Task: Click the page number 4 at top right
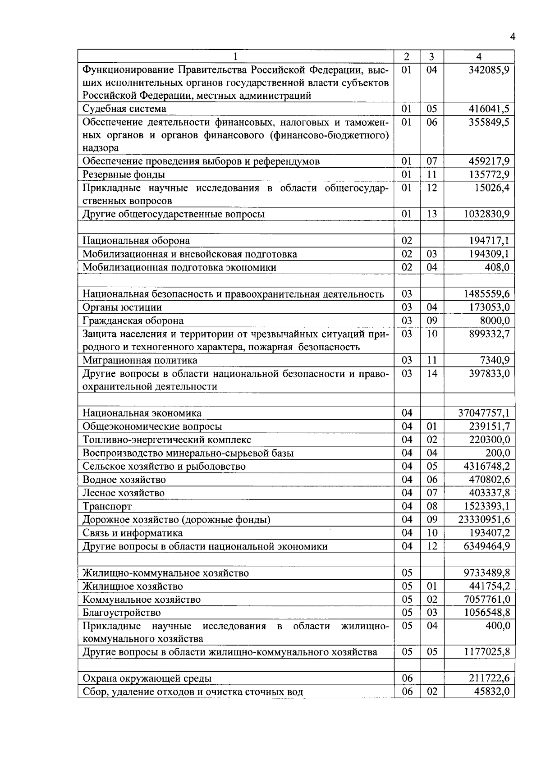point(512,37)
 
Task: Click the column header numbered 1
point(235,57)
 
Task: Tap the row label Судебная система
point(124,109)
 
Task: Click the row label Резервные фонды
point(124,174)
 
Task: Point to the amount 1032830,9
point(486,214)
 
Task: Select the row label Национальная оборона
point(136,241)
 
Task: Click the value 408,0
point(497,267)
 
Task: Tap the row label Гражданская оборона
point(133,321)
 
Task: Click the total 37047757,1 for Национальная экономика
point(484,413)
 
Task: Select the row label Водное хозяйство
point(124,480)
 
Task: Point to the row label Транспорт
point(107,506)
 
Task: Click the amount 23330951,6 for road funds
point(484,519)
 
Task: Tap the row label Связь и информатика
point(133,533)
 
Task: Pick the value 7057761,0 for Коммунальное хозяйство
point(486,599)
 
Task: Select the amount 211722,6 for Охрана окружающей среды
point(488,678)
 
